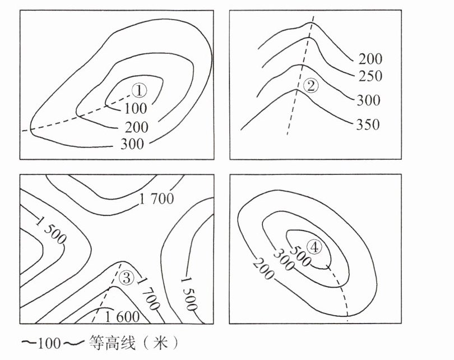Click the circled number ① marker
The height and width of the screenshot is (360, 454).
pos(139,90)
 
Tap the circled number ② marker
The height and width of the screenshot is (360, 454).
pos(311,85)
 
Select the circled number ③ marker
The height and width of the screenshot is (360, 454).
pos(127,277)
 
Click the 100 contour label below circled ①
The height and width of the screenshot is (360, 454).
pos(136,107)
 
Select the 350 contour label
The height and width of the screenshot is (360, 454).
pos(368,124)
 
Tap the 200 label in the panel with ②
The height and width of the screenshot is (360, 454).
pos(370,58)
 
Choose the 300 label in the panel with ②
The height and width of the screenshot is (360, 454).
pos(368,100)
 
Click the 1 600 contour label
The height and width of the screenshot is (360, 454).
pos(122,316)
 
